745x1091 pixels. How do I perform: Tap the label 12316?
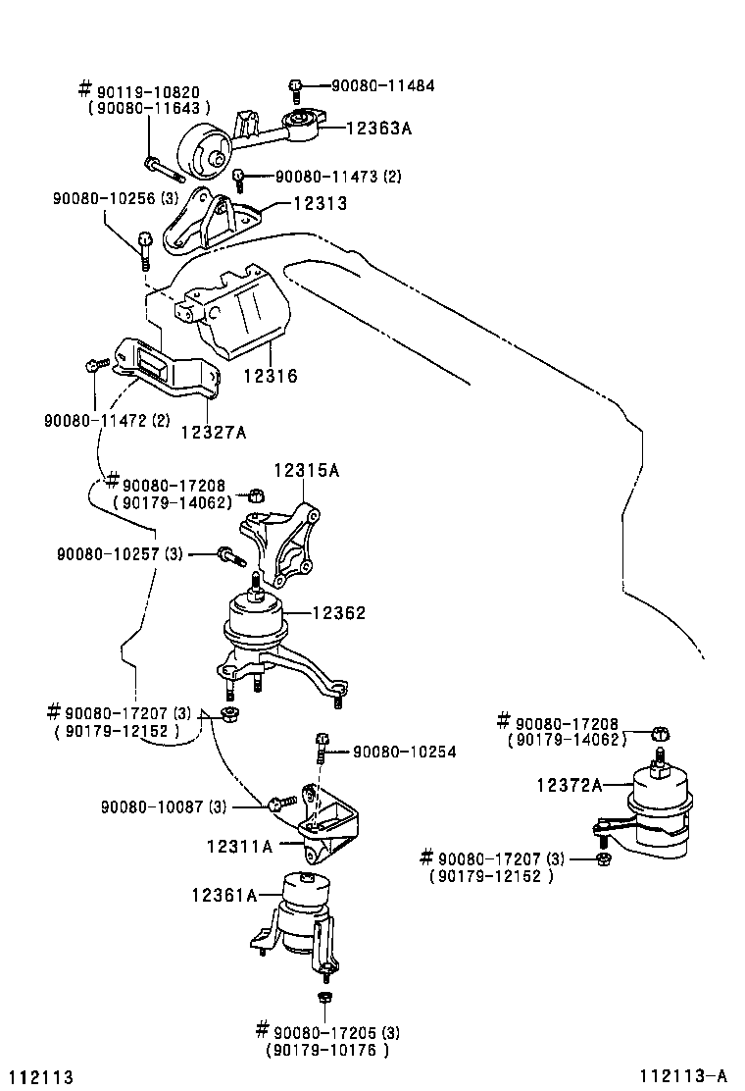pyautogui.click(x=270, y=376)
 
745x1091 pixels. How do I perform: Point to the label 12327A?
pyautogui.click(x=213, y=431)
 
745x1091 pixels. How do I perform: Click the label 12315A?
pyautogui.click(x=306, y=471)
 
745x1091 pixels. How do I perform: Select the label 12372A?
pyautogui.click(x=570, y=784)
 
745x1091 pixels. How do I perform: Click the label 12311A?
pyautogui.click(x=239, y=846)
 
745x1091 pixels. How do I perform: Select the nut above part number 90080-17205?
pyautogui.click(x=324, y=1000)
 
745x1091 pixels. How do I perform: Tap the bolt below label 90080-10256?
pyautogui.click(x=145, y=245)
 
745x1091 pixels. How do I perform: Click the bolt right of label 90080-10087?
pyautogui.click(x=278, y=804)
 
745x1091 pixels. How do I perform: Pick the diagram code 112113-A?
pyautogui.click(x=687, y=1076)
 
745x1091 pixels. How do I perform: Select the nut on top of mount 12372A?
pyautogui.click(x=660, y=733)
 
